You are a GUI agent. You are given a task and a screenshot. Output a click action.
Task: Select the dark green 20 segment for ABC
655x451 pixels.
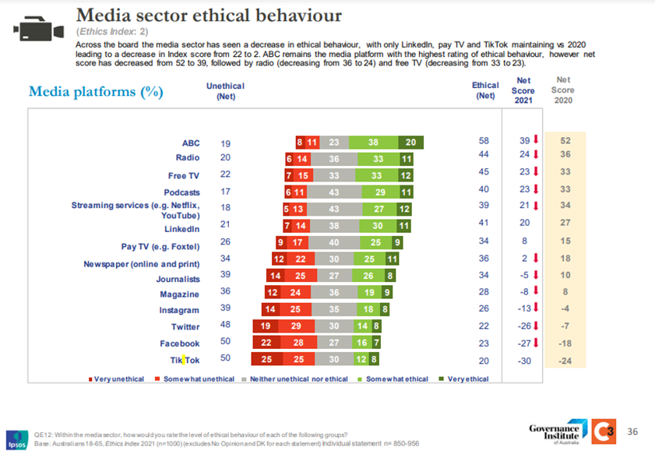coord(410,143)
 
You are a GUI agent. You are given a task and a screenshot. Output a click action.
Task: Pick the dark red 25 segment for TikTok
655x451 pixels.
coord(266,360)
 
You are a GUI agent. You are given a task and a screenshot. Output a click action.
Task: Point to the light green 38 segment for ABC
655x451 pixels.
coord(373,143)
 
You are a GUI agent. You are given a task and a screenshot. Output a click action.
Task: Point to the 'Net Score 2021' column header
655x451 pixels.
coord(524,90)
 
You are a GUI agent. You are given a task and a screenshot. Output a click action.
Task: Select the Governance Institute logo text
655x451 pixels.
coord(555,432)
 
